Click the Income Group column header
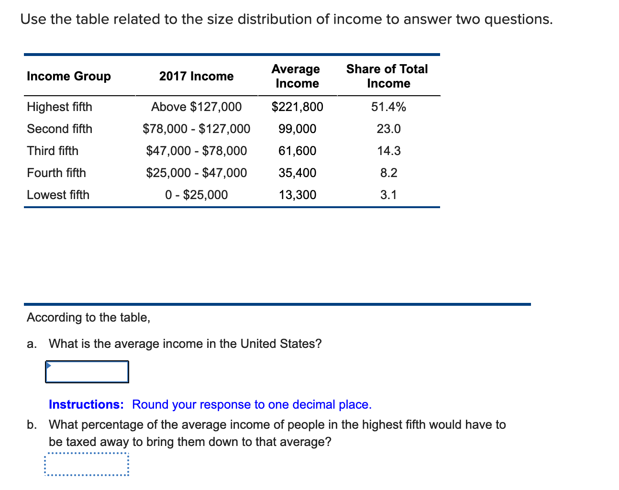69,76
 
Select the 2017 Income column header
196,76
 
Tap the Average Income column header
297,76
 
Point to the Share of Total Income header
387,76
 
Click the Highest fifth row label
60,107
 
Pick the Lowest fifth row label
58,195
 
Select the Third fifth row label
53,151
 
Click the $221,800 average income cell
297,107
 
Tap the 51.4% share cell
388,107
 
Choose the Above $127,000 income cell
196,107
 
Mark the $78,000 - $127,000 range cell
196,129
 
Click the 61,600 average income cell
297,151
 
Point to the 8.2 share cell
388,173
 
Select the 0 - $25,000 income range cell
196,195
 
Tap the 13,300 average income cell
297,195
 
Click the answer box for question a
87,372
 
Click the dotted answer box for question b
87,464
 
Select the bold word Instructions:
86,404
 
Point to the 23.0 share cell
388,129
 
